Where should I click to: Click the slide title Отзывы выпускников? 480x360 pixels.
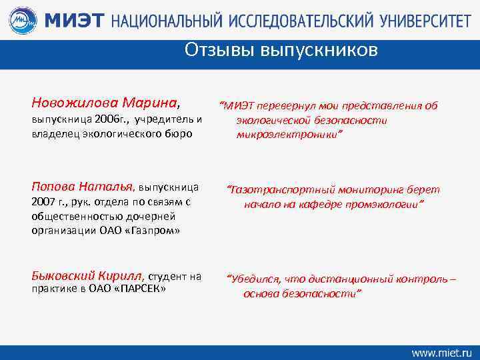[281, 50]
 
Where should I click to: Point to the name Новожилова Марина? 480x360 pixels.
[104, 103]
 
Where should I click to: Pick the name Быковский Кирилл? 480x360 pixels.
[88, 275]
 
